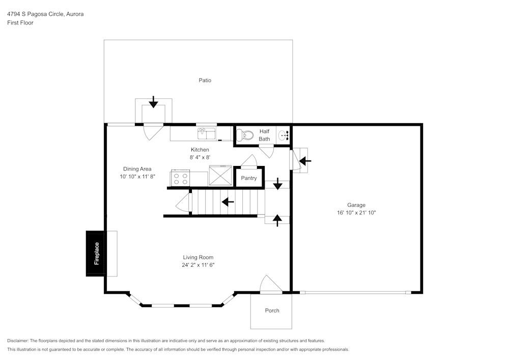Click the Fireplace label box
pos(96,254)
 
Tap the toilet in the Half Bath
pos(245,135)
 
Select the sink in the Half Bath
pos(284,135)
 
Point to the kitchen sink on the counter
pos(207,133)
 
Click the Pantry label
pos(249,178)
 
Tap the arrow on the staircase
pos(228,202)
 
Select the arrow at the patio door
pos(153,102)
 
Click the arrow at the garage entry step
pos(305,161)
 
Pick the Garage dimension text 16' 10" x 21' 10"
pos(356,213)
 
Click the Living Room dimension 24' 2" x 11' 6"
pos(199,265)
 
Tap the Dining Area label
pos(137,169)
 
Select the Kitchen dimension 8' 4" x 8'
pos(200,157)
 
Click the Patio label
pos(205,80)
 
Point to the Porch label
pos(272,311)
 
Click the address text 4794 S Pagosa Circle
pos(45,14)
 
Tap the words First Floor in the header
pos(20,23)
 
